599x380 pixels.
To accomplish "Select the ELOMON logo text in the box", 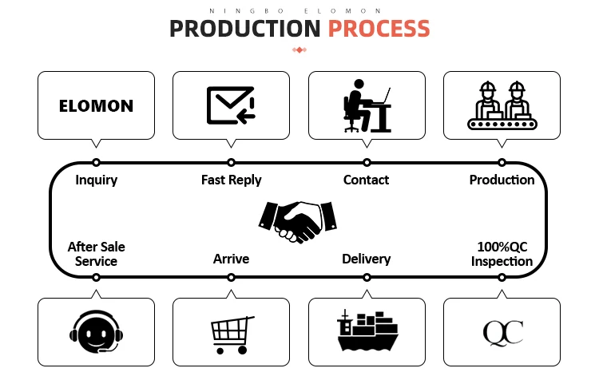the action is point(96,105).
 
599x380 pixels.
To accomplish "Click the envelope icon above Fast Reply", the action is point(231,105).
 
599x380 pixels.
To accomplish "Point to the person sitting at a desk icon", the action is point(367,105).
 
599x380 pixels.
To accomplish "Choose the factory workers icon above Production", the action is point(502,105).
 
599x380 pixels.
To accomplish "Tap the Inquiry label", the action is point(96,180).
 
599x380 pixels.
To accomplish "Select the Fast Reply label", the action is point(231,180).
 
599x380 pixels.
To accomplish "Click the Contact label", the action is point(366,180).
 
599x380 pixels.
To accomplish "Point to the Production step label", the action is point(502,180).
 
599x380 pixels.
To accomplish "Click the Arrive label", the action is point(231,259).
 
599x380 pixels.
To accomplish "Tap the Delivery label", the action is point(366,259).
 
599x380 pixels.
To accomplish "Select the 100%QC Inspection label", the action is point(502,254).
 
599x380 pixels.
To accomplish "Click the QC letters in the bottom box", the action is point(502,331).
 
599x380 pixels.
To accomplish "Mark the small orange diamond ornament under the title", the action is point(299,50).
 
